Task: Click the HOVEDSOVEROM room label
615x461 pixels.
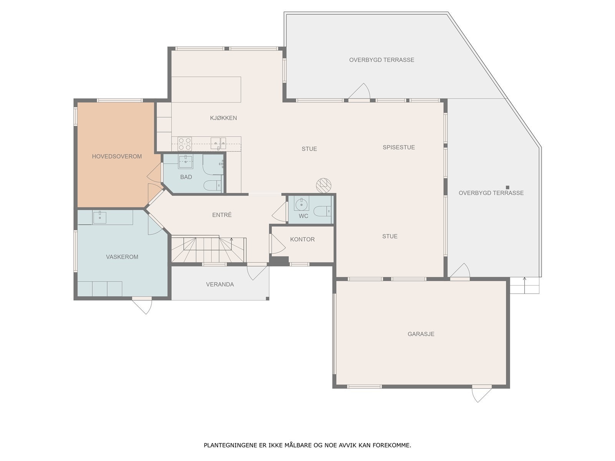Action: [117, 156]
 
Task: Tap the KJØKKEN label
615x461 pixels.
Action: [223, 118]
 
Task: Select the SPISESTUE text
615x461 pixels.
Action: [399, 147]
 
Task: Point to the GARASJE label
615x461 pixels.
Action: [421, 334]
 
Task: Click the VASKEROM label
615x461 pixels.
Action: [122, 257]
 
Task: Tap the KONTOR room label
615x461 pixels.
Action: [302, 239]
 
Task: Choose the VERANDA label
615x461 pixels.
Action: [220, 284]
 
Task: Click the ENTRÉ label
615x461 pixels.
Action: [222, 215]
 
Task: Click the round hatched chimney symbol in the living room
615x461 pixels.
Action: [323, 185]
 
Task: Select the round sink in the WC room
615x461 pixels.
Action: [302, 204]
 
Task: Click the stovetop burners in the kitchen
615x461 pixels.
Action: [185, 144]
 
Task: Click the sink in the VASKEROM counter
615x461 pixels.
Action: [100, 217]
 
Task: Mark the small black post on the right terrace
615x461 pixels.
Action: [507, 187]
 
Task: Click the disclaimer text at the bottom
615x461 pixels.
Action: [307, 446]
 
